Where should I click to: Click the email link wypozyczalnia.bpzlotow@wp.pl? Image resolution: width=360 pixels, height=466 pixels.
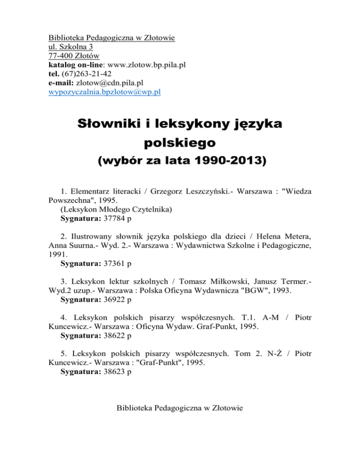coord(105,92)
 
